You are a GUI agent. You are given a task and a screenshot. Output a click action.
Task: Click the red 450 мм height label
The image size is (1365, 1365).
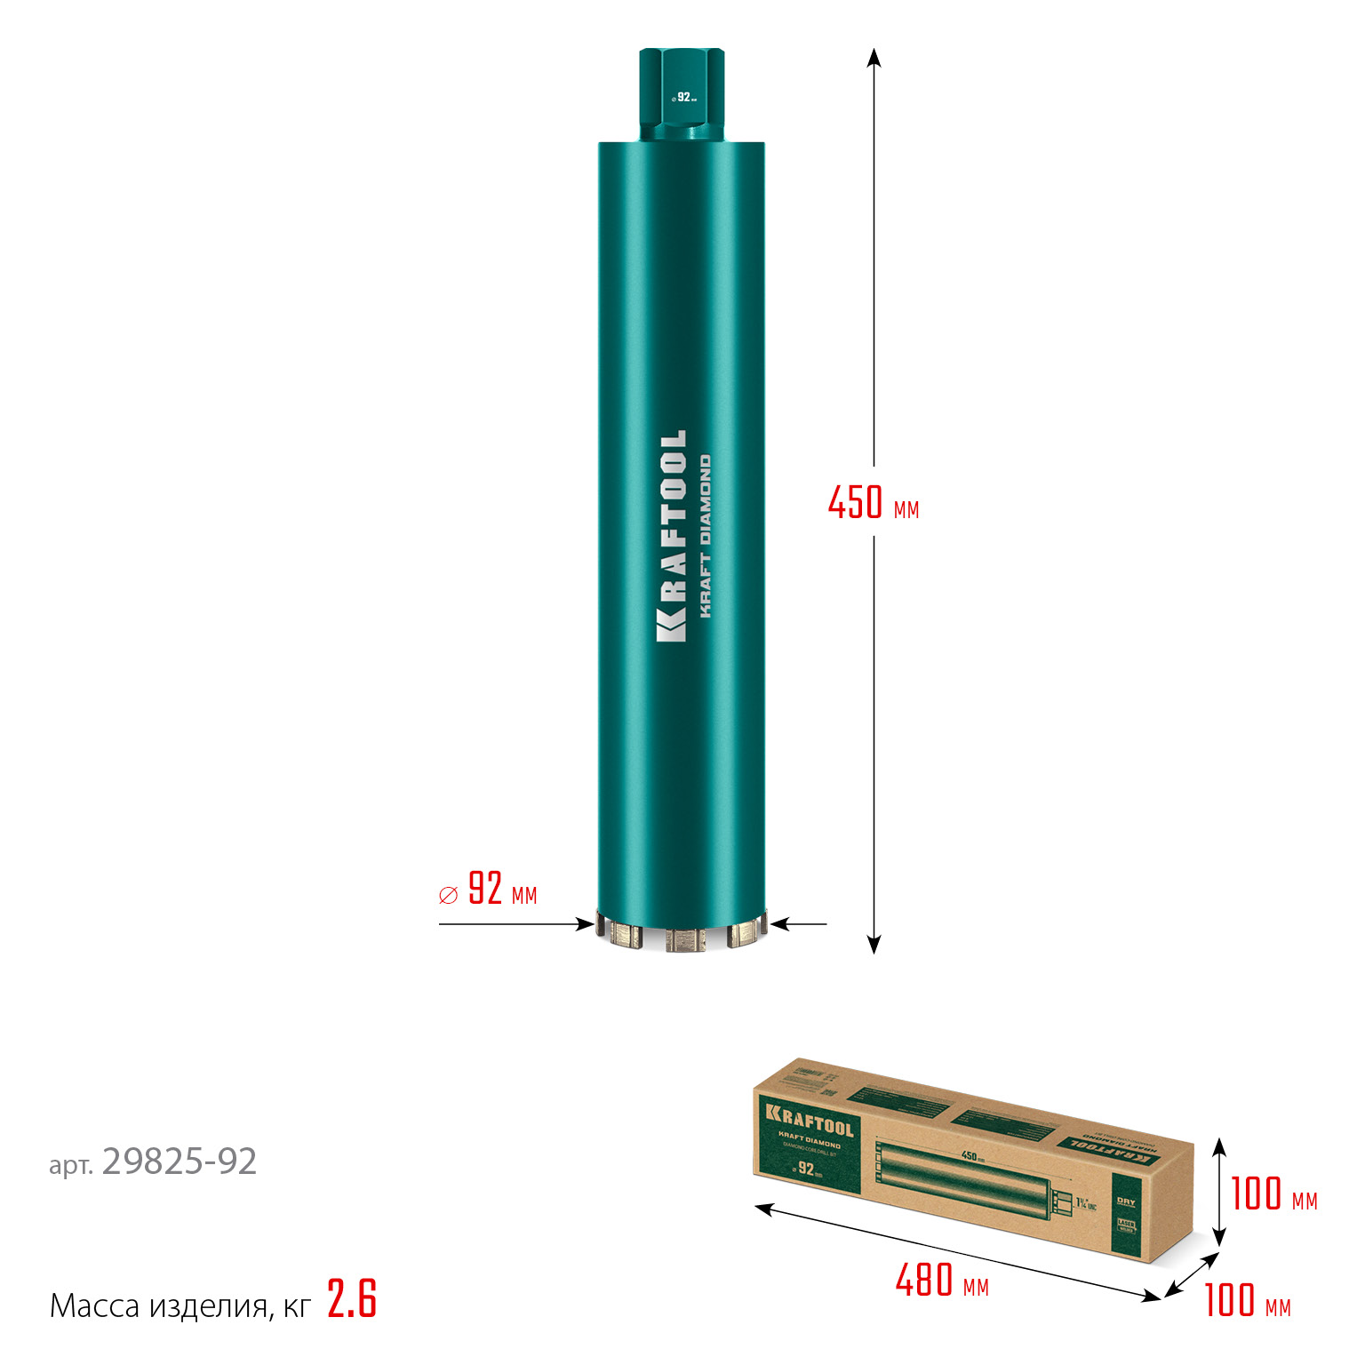pyautogui.click(x=873, y=503)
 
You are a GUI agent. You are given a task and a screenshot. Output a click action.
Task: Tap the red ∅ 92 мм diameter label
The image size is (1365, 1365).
pyautogui.click(x=489, y=890)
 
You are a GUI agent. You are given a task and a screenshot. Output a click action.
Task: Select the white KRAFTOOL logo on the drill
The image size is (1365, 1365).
pyautogui.click(x=672, y=536)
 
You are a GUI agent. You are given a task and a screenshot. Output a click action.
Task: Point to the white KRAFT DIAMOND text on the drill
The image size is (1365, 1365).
pyautogui.click(x=706, y=536)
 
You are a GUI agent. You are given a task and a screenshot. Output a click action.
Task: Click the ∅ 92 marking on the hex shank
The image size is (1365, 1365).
pyautogui.click(x=683, y=97)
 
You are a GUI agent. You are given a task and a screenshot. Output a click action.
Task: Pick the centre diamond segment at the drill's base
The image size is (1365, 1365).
pyautogui.click(x=681, y=939)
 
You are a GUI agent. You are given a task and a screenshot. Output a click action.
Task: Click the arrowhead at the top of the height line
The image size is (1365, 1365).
pyautogui.click(x=874, y=57)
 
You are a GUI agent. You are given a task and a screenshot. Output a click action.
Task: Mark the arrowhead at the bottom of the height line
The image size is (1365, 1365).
pyautogui.click(x=874, y=945)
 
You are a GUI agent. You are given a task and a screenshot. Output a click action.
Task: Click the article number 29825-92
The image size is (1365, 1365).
pyautogui.click(x=180, y=1161)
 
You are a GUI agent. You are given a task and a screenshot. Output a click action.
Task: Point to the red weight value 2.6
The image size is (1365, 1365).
pyautogui.click(x=352, y=1299)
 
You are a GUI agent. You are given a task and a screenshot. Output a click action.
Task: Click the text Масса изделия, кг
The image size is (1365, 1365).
pyautogui.click(x=180, y=1305)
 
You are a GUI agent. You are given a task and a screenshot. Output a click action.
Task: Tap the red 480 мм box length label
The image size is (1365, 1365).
pyautogui.click(x=942, y=1281)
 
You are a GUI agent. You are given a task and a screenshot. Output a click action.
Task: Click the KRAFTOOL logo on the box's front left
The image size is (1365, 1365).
pyautogui.click(x=810, y=1121)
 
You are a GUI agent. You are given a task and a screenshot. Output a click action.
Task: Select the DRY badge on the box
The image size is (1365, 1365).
pyautogui.click(x=1126, y=1201)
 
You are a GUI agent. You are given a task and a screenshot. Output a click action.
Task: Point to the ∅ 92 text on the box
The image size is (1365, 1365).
pyautogui.click(x=805, y=1168)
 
